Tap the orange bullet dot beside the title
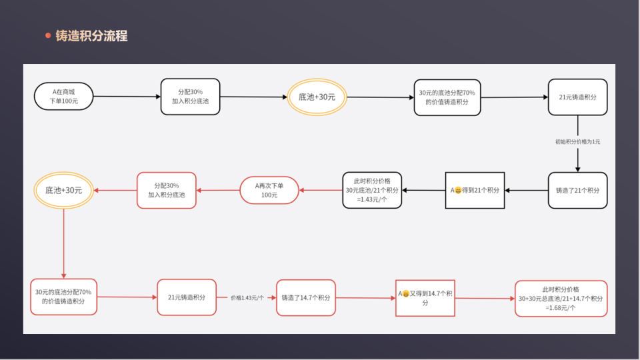[x=48, y=36]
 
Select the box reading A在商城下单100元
[x=63, y=96]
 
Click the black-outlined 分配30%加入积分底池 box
[x=190, y=96]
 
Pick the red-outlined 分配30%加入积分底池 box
[x=167, y=190]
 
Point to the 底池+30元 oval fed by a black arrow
[x=317, y=97]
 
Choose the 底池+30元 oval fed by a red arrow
[x=63, y=190]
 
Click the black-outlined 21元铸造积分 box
[x=577, y=97]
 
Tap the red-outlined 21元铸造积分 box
[x=187, y=297]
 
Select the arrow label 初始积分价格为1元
[x=577, y=142]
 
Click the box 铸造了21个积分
[x=577, y=191]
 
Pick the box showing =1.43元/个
[x=373, y=191]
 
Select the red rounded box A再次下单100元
[x=269, y=190]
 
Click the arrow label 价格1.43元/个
[x=247, y=298]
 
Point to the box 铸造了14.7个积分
[x=306, y=298]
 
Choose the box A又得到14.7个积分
[x=425, y=298]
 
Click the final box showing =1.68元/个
[x=561, y=298]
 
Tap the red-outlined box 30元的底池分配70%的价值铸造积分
[x=63, y=297]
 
